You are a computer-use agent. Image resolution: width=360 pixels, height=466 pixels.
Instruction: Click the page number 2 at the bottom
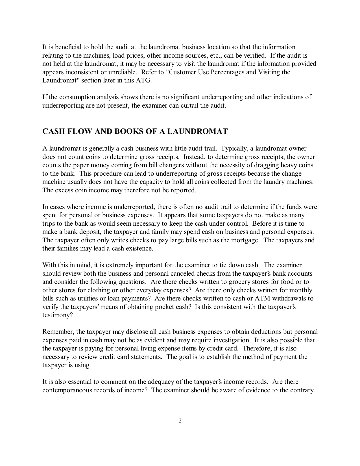pos(180,421)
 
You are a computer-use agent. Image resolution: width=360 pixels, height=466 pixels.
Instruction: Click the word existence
pos(140,249)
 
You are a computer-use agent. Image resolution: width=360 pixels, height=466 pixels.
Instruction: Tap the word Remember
pos(58,332)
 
